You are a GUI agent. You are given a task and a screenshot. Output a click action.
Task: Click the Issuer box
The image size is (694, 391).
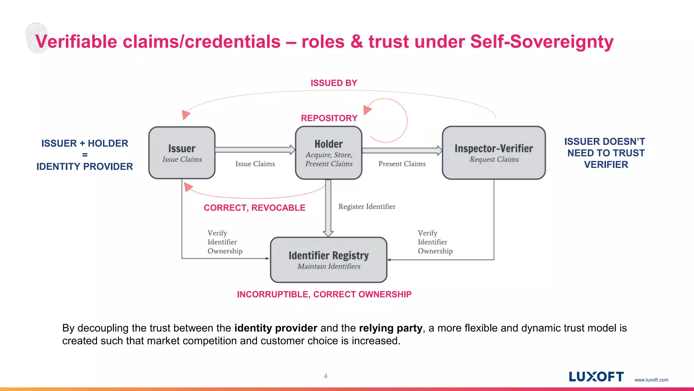coord(182,153)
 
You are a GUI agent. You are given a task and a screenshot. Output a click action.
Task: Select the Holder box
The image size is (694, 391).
coord(329,153)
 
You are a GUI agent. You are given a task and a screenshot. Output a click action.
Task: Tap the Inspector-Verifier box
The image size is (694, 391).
coord(494,153)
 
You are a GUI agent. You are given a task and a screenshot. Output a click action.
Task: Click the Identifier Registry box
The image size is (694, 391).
coord(328,260)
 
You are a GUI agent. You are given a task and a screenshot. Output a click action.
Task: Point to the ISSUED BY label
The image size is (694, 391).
coord(334,83)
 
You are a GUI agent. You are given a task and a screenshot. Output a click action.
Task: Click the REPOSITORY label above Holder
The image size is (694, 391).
coord(329,118)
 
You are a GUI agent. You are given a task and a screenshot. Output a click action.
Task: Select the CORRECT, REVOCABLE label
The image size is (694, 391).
coord(254,208)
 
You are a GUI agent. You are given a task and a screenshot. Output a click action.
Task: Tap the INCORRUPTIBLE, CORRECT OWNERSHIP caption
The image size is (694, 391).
coord(324,294)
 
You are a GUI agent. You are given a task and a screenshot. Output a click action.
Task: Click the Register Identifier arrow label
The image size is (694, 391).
coord(367,207)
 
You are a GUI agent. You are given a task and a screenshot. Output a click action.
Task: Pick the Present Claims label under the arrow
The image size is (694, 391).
coord(402,164)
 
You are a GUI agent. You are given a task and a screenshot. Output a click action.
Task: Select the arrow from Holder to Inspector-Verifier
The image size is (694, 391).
coord(402,150)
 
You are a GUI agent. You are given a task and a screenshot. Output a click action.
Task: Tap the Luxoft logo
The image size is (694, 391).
coord(596,376)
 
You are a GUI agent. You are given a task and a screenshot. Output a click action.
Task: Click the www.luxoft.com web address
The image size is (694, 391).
coord(651,380)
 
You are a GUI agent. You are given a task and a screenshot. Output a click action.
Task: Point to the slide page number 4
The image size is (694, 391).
coord(326,376)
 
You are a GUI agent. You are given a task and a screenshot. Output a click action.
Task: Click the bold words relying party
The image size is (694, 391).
coord(390,328)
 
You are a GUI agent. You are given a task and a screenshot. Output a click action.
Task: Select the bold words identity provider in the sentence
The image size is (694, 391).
coord(275,328)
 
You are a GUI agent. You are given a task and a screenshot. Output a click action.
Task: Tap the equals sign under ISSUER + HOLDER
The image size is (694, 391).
coord(85,155)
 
